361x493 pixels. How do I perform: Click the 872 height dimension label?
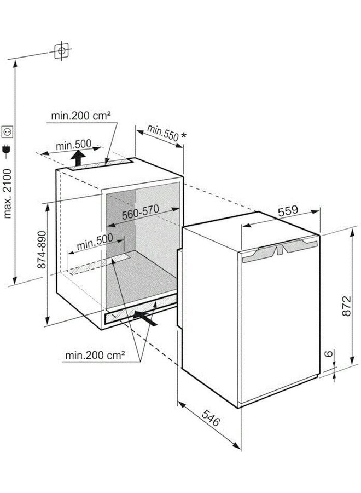click(346, 306)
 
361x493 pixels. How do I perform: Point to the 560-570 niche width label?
click(141, 212)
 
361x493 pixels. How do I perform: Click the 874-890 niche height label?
click(42, 250)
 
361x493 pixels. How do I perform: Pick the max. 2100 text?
click(7, 193)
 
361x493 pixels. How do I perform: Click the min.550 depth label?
click(162, 133)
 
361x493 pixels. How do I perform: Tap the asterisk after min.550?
click(184, 135)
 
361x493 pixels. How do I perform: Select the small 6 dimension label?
click(328, 353)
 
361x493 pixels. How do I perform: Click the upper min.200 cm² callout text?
click(81, 116)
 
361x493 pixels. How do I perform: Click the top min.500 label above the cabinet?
click(73, 145)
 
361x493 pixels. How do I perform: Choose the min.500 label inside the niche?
click(95, 241)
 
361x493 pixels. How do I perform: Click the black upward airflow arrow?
click(78, 158)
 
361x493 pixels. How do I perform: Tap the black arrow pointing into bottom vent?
click(145, 318)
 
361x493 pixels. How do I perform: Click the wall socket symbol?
click(7, 131)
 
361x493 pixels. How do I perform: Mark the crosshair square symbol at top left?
click(61, 50)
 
